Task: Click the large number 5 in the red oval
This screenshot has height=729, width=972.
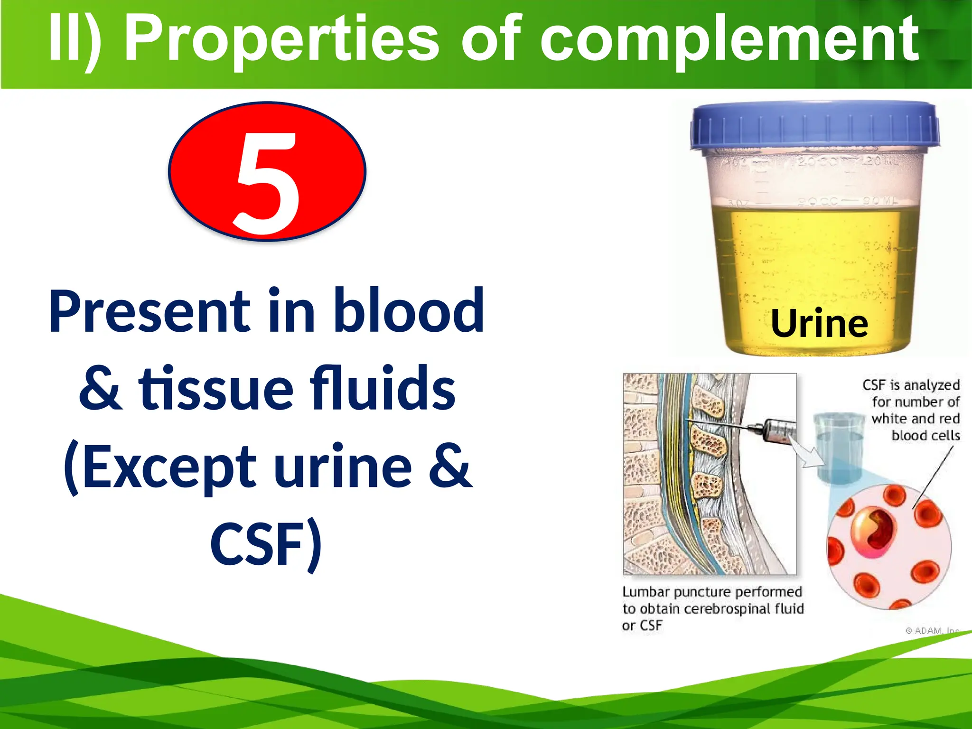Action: point(267,183)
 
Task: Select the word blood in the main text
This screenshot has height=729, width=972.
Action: point(408,311)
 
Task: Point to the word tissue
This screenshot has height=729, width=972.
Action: point(216,388)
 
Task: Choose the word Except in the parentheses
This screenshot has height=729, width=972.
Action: point(161,467)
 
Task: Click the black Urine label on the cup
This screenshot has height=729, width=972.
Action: point(820,324)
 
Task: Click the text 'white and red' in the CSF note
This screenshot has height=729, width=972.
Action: point(916,419)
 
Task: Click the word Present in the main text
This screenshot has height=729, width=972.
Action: point(150,311)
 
